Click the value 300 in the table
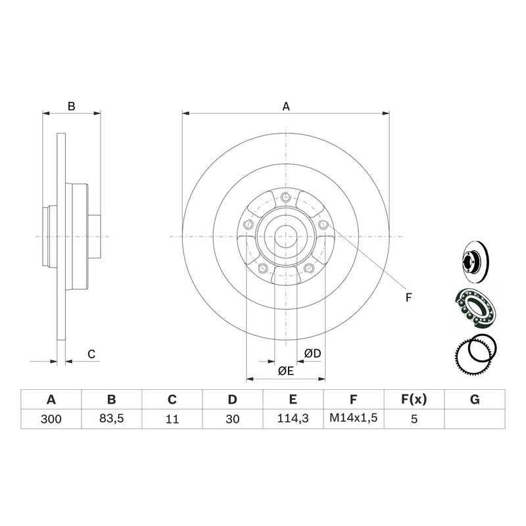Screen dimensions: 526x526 coord(51,419)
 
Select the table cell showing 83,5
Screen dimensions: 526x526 coord(111,418)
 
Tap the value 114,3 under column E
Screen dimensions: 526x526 coord(293,418)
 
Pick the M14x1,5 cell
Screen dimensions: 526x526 coord(354,418)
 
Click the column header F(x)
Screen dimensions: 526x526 coord(414,400)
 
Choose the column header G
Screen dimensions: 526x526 coord(475,400)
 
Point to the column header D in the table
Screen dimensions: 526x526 coord(232,400)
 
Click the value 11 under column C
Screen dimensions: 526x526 coord(172,419)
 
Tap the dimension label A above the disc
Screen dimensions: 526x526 coord(286,107)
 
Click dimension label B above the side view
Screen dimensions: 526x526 coord(72,107)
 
